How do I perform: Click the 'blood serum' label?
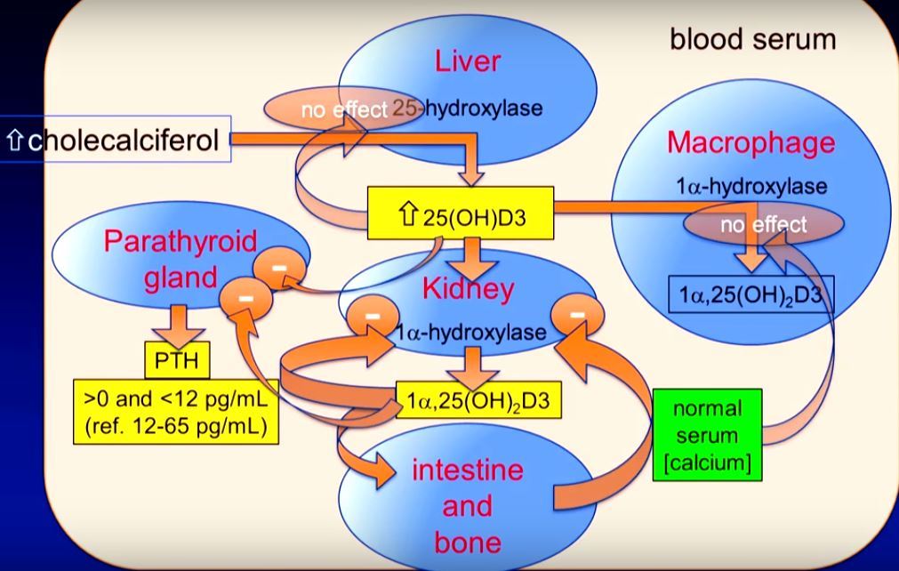tap(752, 40)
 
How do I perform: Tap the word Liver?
tap(468, 61)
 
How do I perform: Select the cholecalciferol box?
tap(116, 140)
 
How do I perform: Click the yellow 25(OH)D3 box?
tap(460, 213)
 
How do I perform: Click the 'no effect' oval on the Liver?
tap(330, 109)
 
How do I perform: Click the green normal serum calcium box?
tap(707, 435)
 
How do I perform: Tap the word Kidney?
tap(468, 288)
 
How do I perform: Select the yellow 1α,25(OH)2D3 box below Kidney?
tap(473, 401)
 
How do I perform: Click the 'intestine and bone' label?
tap(467, 505)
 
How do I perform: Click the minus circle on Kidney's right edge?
tap(578, 314)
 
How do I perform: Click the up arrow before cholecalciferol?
tap(14, 141)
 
